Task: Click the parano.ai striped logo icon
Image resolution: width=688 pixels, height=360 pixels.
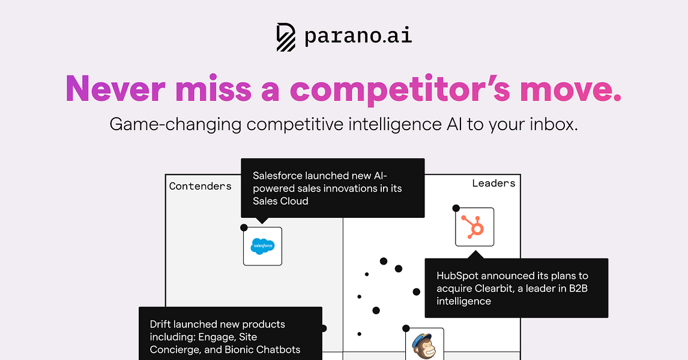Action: click(286, 37)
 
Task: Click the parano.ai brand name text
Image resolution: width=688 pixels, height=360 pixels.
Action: click(358, 37)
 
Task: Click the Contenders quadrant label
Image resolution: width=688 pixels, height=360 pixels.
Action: click(200, 186)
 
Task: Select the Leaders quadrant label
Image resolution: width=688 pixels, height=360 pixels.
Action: click(493, 183)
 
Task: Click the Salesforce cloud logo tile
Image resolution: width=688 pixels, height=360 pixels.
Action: click(262, 246)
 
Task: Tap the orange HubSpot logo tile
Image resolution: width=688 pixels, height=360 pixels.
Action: click(474, 227)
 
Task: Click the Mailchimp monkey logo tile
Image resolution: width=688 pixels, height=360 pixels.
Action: click(424, 346)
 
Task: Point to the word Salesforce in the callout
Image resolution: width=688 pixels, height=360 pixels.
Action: click(277, 176)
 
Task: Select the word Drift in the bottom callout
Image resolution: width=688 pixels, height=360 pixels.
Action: click(161, 324)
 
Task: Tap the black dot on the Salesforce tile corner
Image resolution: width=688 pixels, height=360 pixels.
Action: click(244, 227)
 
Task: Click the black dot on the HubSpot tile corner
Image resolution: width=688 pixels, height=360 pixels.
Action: click(456, 208)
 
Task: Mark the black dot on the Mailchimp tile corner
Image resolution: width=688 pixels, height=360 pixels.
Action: click(406, 328)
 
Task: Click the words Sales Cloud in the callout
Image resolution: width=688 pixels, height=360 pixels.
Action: click(280, 201)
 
